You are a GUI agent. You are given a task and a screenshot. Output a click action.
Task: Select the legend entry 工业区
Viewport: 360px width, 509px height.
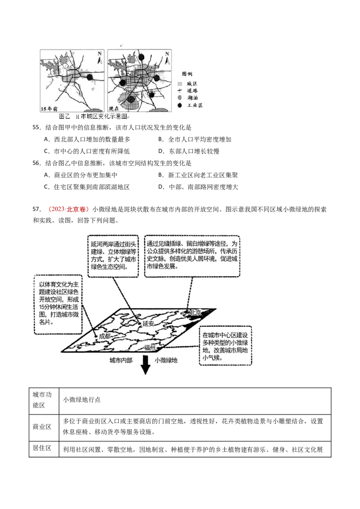point(192,105)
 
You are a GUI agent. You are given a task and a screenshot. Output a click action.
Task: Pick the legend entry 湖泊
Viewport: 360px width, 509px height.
point(192,98)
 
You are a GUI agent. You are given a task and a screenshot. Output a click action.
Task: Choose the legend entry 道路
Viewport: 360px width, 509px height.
point(192,90)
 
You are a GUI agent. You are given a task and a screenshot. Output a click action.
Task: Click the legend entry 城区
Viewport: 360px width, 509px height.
point(192,83)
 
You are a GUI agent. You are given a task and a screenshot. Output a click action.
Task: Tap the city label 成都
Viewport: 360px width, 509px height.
point(105,336)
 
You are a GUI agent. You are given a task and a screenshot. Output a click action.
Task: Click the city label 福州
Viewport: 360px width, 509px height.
point(150,348)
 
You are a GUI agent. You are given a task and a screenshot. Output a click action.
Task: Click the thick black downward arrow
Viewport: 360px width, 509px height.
point(145,365)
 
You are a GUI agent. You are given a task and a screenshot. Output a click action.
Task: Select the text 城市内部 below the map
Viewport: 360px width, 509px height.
point(121,360)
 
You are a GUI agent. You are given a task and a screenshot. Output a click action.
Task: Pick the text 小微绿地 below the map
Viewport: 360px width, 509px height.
point(166,360)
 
